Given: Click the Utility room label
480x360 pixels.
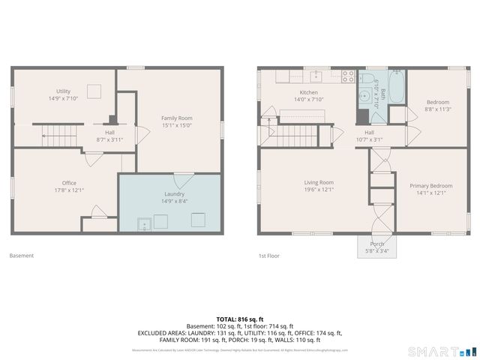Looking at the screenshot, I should coord(64,90).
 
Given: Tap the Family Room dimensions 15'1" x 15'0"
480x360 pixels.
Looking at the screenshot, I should coord(177,126).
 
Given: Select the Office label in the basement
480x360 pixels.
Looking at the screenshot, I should coord(68,183).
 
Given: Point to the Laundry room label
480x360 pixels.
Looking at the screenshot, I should coord(175,193).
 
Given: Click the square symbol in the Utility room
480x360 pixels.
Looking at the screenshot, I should coord(94,90).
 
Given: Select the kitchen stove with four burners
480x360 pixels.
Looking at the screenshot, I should coord(348,76).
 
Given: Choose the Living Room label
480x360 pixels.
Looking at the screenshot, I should coord(319,182).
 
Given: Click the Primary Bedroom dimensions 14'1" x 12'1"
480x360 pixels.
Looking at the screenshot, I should coord(430,193).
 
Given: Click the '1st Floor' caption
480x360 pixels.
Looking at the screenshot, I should coord(269,256).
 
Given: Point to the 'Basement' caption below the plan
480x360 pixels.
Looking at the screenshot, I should coord(21,256).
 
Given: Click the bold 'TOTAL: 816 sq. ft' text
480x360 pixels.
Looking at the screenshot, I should coord(239,319).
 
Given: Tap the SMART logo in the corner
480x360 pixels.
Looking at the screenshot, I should coord(442,351).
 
